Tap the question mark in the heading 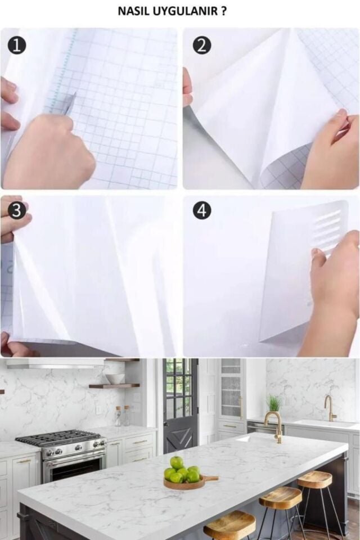click(224, 11)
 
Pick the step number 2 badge click(202, 46)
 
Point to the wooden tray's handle click(210, 478)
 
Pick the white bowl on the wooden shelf click(115, 379)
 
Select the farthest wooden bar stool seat click(314, 479)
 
